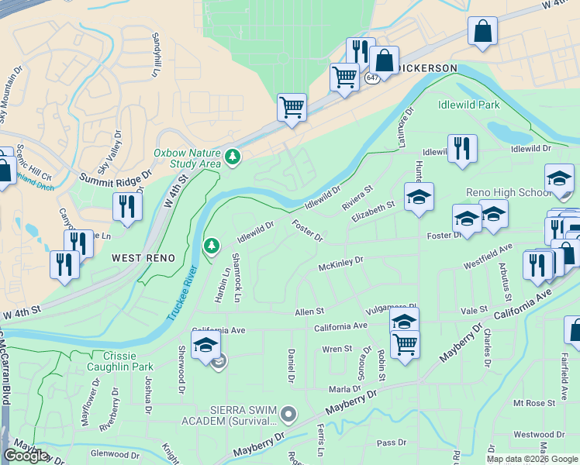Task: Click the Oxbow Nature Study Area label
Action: tap(187, 158)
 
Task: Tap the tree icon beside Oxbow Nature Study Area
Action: tap(232, 158)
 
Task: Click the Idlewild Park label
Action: tap(469, 104)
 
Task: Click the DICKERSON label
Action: tap(426, 68)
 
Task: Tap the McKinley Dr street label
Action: tap(340, 264)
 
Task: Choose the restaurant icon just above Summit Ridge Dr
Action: tap(125, 207)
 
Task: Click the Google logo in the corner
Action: tap(26, 456)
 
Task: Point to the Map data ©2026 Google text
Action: tap(533, 459)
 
